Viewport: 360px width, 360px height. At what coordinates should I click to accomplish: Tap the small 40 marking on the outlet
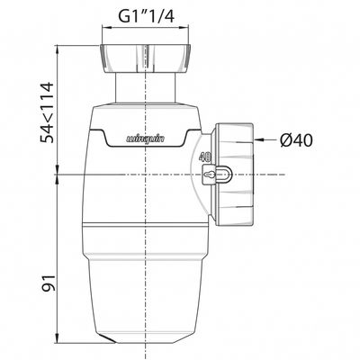click(x=204, y=154)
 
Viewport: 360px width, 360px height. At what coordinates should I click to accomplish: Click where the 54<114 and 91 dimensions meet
click(x=58, y=173)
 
